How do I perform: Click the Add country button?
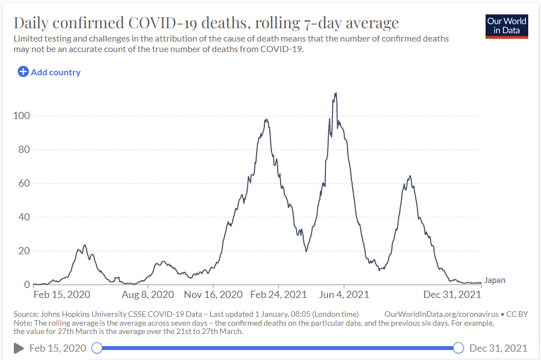tap(49, 72)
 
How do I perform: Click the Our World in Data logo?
tap(507, 25)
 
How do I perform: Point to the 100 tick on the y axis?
tap(21, 116)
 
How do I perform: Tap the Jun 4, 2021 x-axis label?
tap(344, 295)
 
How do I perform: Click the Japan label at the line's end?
tap(494, 280)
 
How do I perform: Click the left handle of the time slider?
tap(97, 348)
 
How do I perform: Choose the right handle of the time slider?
tap(458, 348)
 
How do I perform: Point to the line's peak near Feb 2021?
tap(267, 120)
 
